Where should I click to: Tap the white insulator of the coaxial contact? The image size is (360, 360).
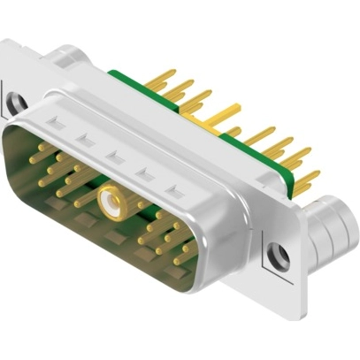(111, 205)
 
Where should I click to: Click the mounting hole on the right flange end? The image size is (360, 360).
(279, 255)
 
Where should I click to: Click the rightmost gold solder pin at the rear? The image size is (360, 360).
(306, 185)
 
